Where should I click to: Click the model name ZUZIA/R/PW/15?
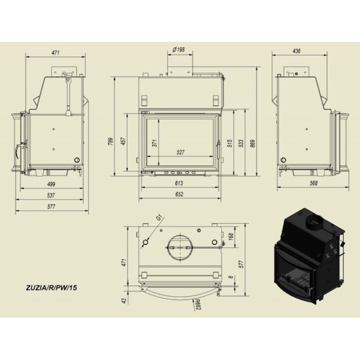(51, 288)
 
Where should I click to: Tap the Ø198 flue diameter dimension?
(178, 49)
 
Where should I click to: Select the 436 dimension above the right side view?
(297, 51)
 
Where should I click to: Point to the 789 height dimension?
(111, 142)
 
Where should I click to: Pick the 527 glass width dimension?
(181, 152)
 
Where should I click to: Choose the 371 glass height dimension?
(155, 143)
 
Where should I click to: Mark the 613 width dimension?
(179, 183)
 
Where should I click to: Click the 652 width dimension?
(179, 194)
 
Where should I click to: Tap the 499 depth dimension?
(51, 184)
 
